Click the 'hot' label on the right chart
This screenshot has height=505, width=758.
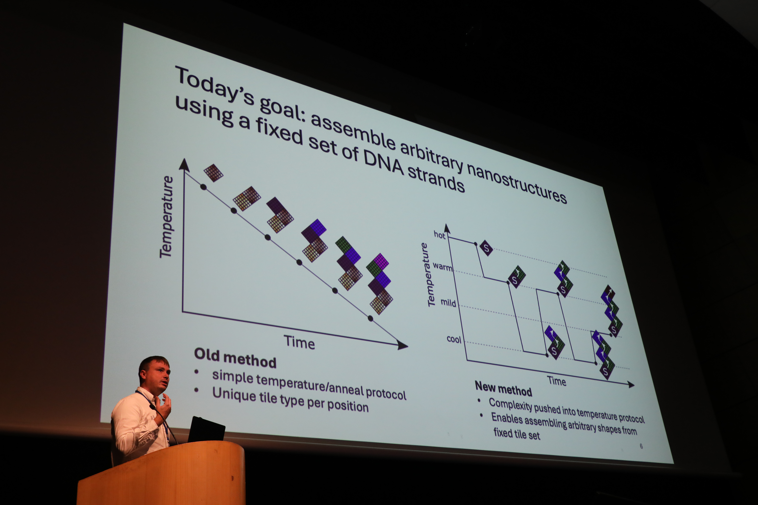click(439, 235)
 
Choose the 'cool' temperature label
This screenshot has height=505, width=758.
click(454, 339)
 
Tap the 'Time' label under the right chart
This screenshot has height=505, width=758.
click(557, 381)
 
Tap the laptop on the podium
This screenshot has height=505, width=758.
click(206, 430)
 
